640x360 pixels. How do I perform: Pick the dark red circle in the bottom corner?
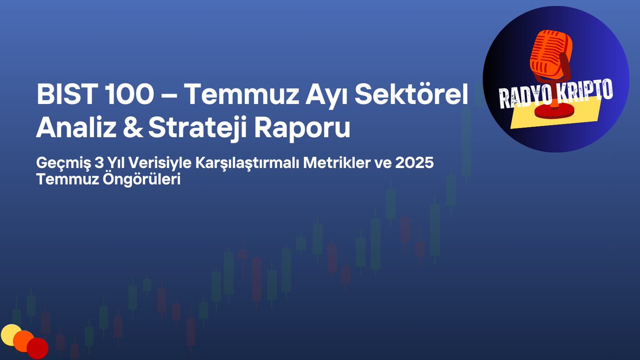click(x=37, y=348)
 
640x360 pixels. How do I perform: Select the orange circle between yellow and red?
click(x=24, y=341)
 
